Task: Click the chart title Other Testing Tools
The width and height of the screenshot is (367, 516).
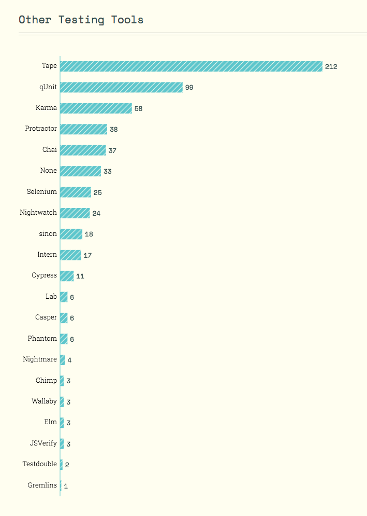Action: tap(81, 20)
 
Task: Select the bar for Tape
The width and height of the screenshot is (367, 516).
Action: tap(191, 66)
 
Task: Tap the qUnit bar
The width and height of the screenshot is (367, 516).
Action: tap(121, 87)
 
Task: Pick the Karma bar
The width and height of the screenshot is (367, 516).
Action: tap(96, 108)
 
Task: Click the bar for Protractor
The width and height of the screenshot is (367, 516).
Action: tap(83, 129)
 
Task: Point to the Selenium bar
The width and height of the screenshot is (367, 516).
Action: tap(76, 192)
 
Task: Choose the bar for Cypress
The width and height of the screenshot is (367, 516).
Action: tap(67, 276)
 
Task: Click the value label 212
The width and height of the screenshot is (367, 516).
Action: tap(331, 66)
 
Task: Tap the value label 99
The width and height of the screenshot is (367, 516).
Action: tap(189, 87)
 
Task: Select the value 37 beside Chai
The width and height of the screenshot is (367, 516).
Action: tap(112, 150)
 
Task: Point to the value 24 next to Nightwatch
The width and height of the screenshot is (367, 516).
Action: tap(96, 213)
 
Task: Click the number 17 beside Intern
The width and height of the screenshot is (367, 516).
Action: tap(87, 255)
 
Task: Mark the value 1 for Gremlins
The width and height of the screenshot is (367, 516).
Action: tap(66, 486)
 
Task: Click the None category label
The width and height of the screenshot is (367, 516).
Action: tap(49, 171)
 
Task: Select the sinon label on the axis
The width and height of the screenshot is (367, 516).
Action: tap(48, 234)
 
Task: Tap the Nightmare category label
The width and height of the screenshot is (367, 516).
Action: tap(40, 359)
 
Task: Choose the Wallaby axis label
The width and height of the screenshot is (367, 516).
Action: tap(44, 401)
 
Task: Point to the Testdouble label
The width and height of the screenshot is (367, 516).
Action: tap(40, 464)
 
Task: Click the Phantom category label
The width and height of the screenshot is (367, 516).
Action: tap(42, 339)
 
